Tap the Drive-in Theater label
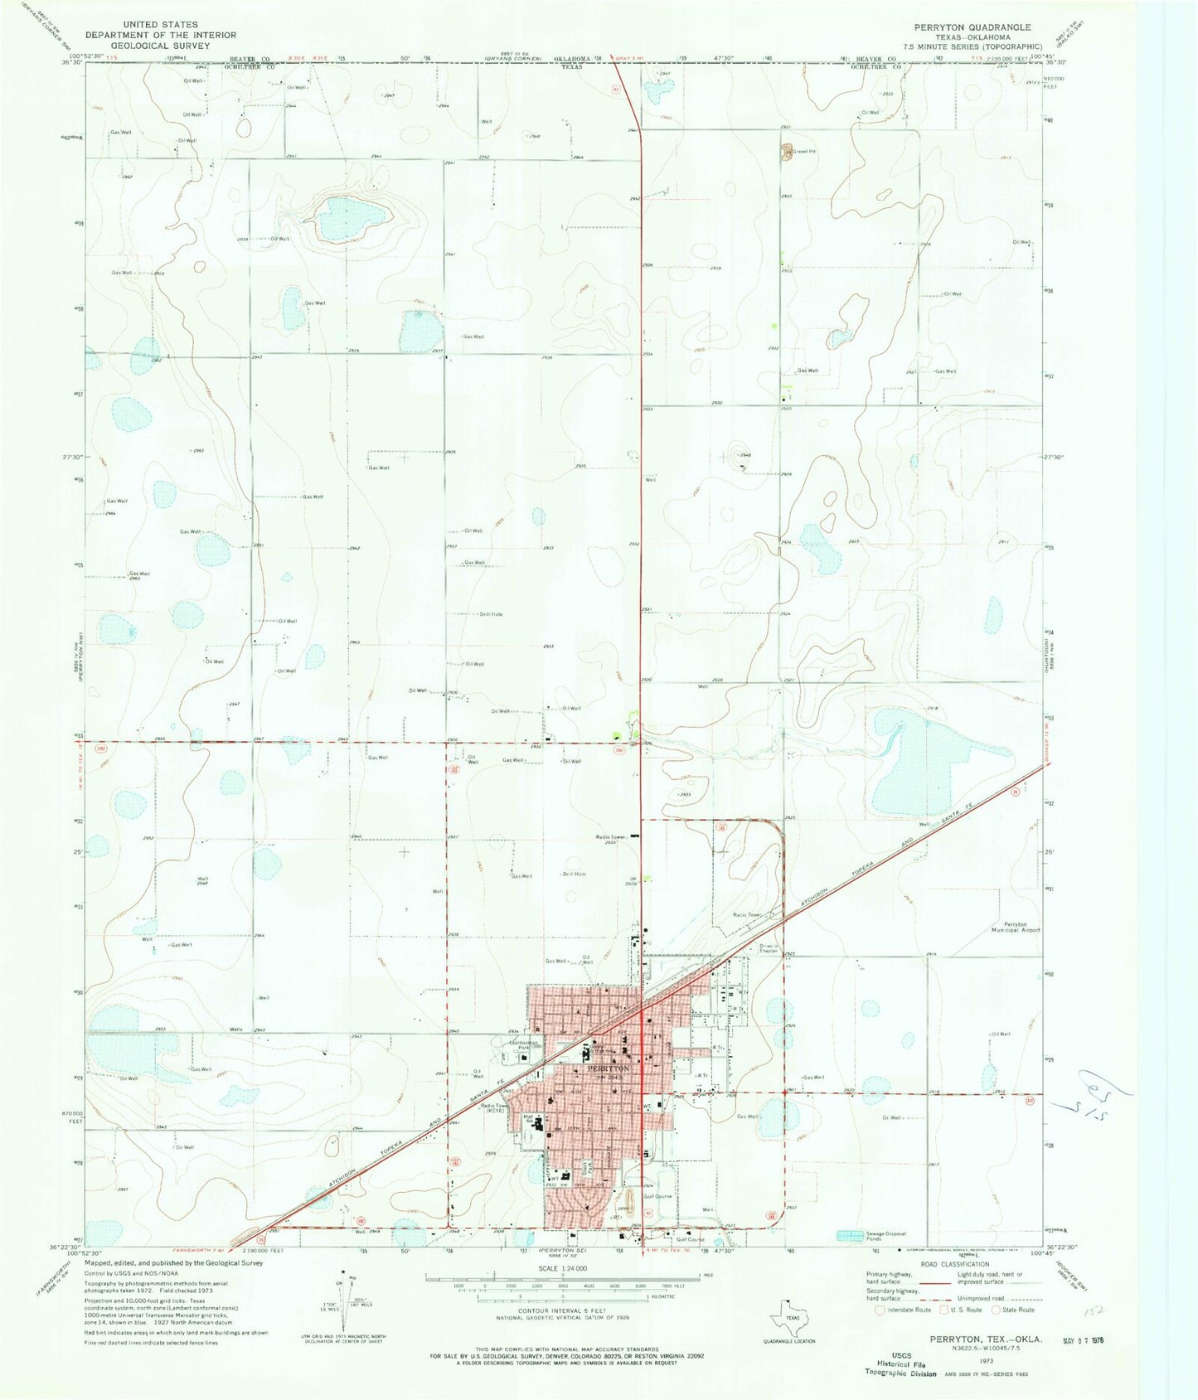click(769, 948)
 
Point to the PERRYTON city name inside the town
click(609, 1068)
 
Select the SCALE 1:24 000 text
click(562, 1269)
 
